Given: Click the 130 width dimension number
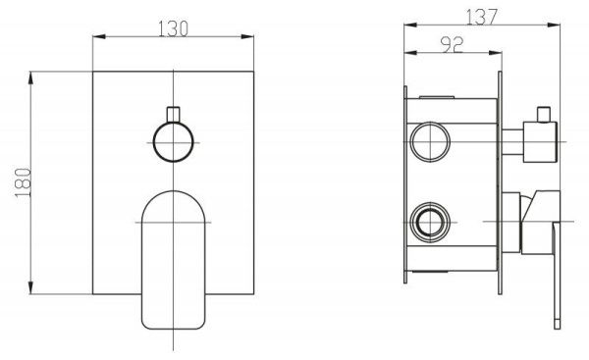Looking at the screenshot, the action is click(x=173, y=28).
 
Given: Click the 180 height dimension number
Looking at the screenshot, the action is click(x=23, y=182).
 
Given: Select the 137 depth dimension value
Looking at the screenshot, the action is click(x=482, y=17).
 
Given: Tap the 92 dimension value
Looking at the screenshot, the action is click(x=453, y=45).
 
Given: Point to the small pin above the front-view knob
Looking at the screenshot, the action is click(x=173, y=115).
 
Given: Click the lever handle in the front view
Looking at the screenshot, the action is click(x=173, y=260).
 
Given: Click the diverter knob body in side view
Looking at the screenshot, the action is click(x=540, y=142).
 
